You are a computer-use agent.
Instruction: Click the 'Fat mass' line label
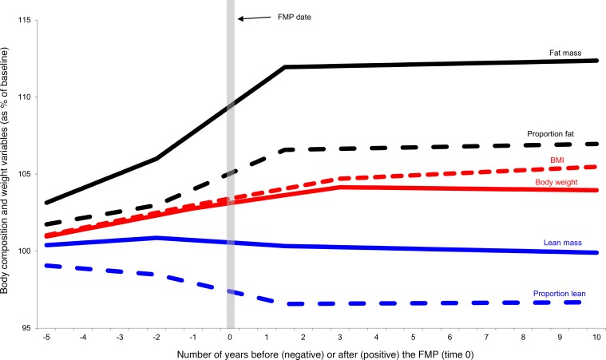(564, 53)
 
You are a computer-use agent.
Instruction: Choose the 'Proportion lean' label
(560, 294)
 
